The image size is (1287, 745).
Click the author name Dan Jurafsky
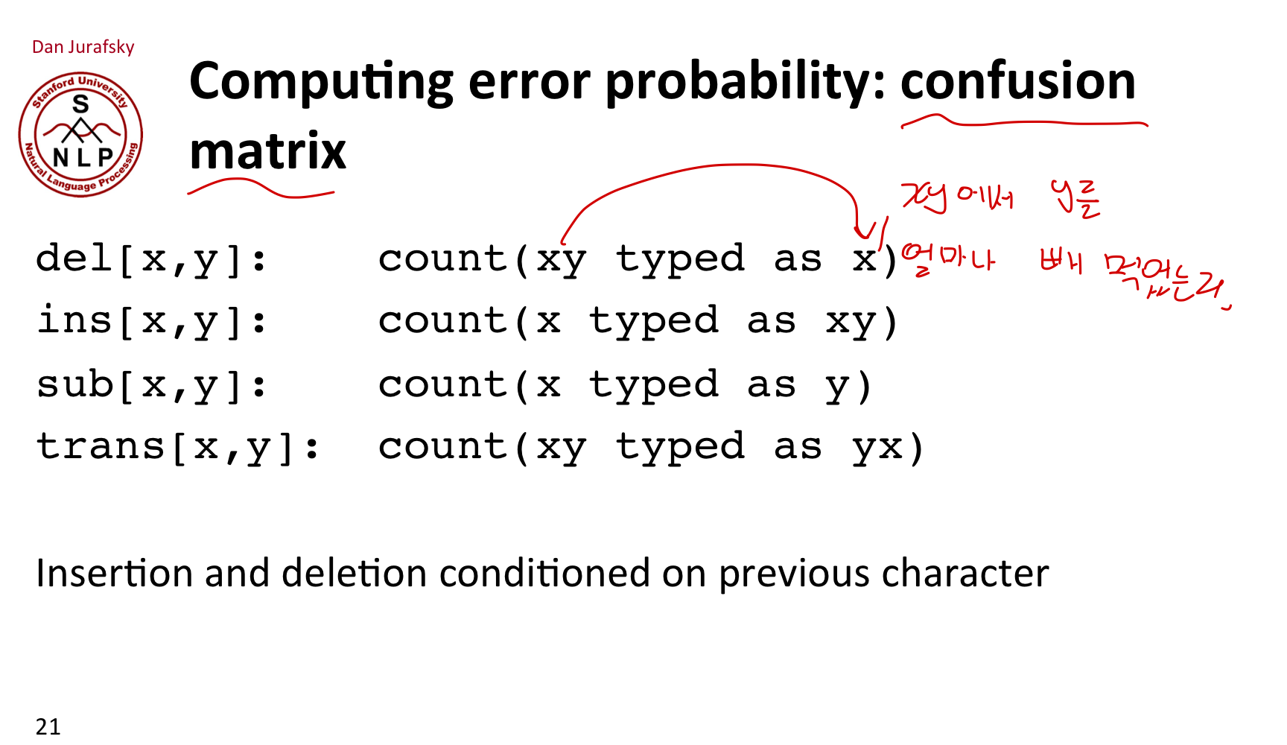83,47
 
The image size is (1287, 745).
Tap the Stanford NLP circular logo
80,135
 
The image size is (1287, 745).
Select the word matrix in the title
268,151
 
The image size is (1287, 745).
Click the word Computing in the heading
321,82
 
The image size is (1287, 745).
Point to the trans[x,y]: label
178,447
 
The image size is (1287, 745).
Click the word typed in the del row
680,259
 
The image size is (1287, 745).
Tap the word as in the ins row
772,321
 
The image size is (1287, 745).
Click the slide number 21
48,726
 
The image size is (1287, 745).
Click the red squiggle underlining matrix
261,190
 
